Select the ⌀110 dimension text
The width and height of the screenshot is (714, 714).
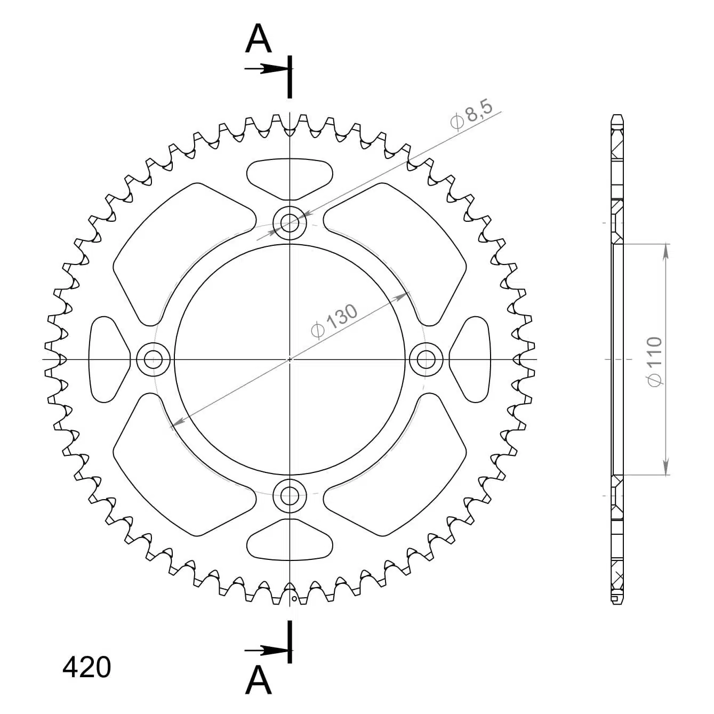(x=655, y=362)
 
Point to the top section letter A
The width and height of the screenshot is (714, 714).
(x=258, y=38)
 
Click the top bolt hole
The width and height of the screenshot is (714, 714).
(x=290, y=223)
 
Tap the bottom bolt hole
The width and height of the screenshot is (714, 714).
(x=290, y=496)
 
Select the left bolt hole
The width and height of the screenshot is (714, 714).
(x=154, y=359)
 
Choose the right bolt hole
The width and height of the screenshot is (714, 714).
(x=426, y=359)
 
